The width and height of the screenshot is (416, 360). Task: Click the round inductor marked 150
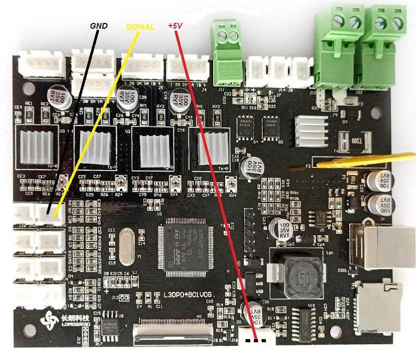(x=300, y=276)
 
